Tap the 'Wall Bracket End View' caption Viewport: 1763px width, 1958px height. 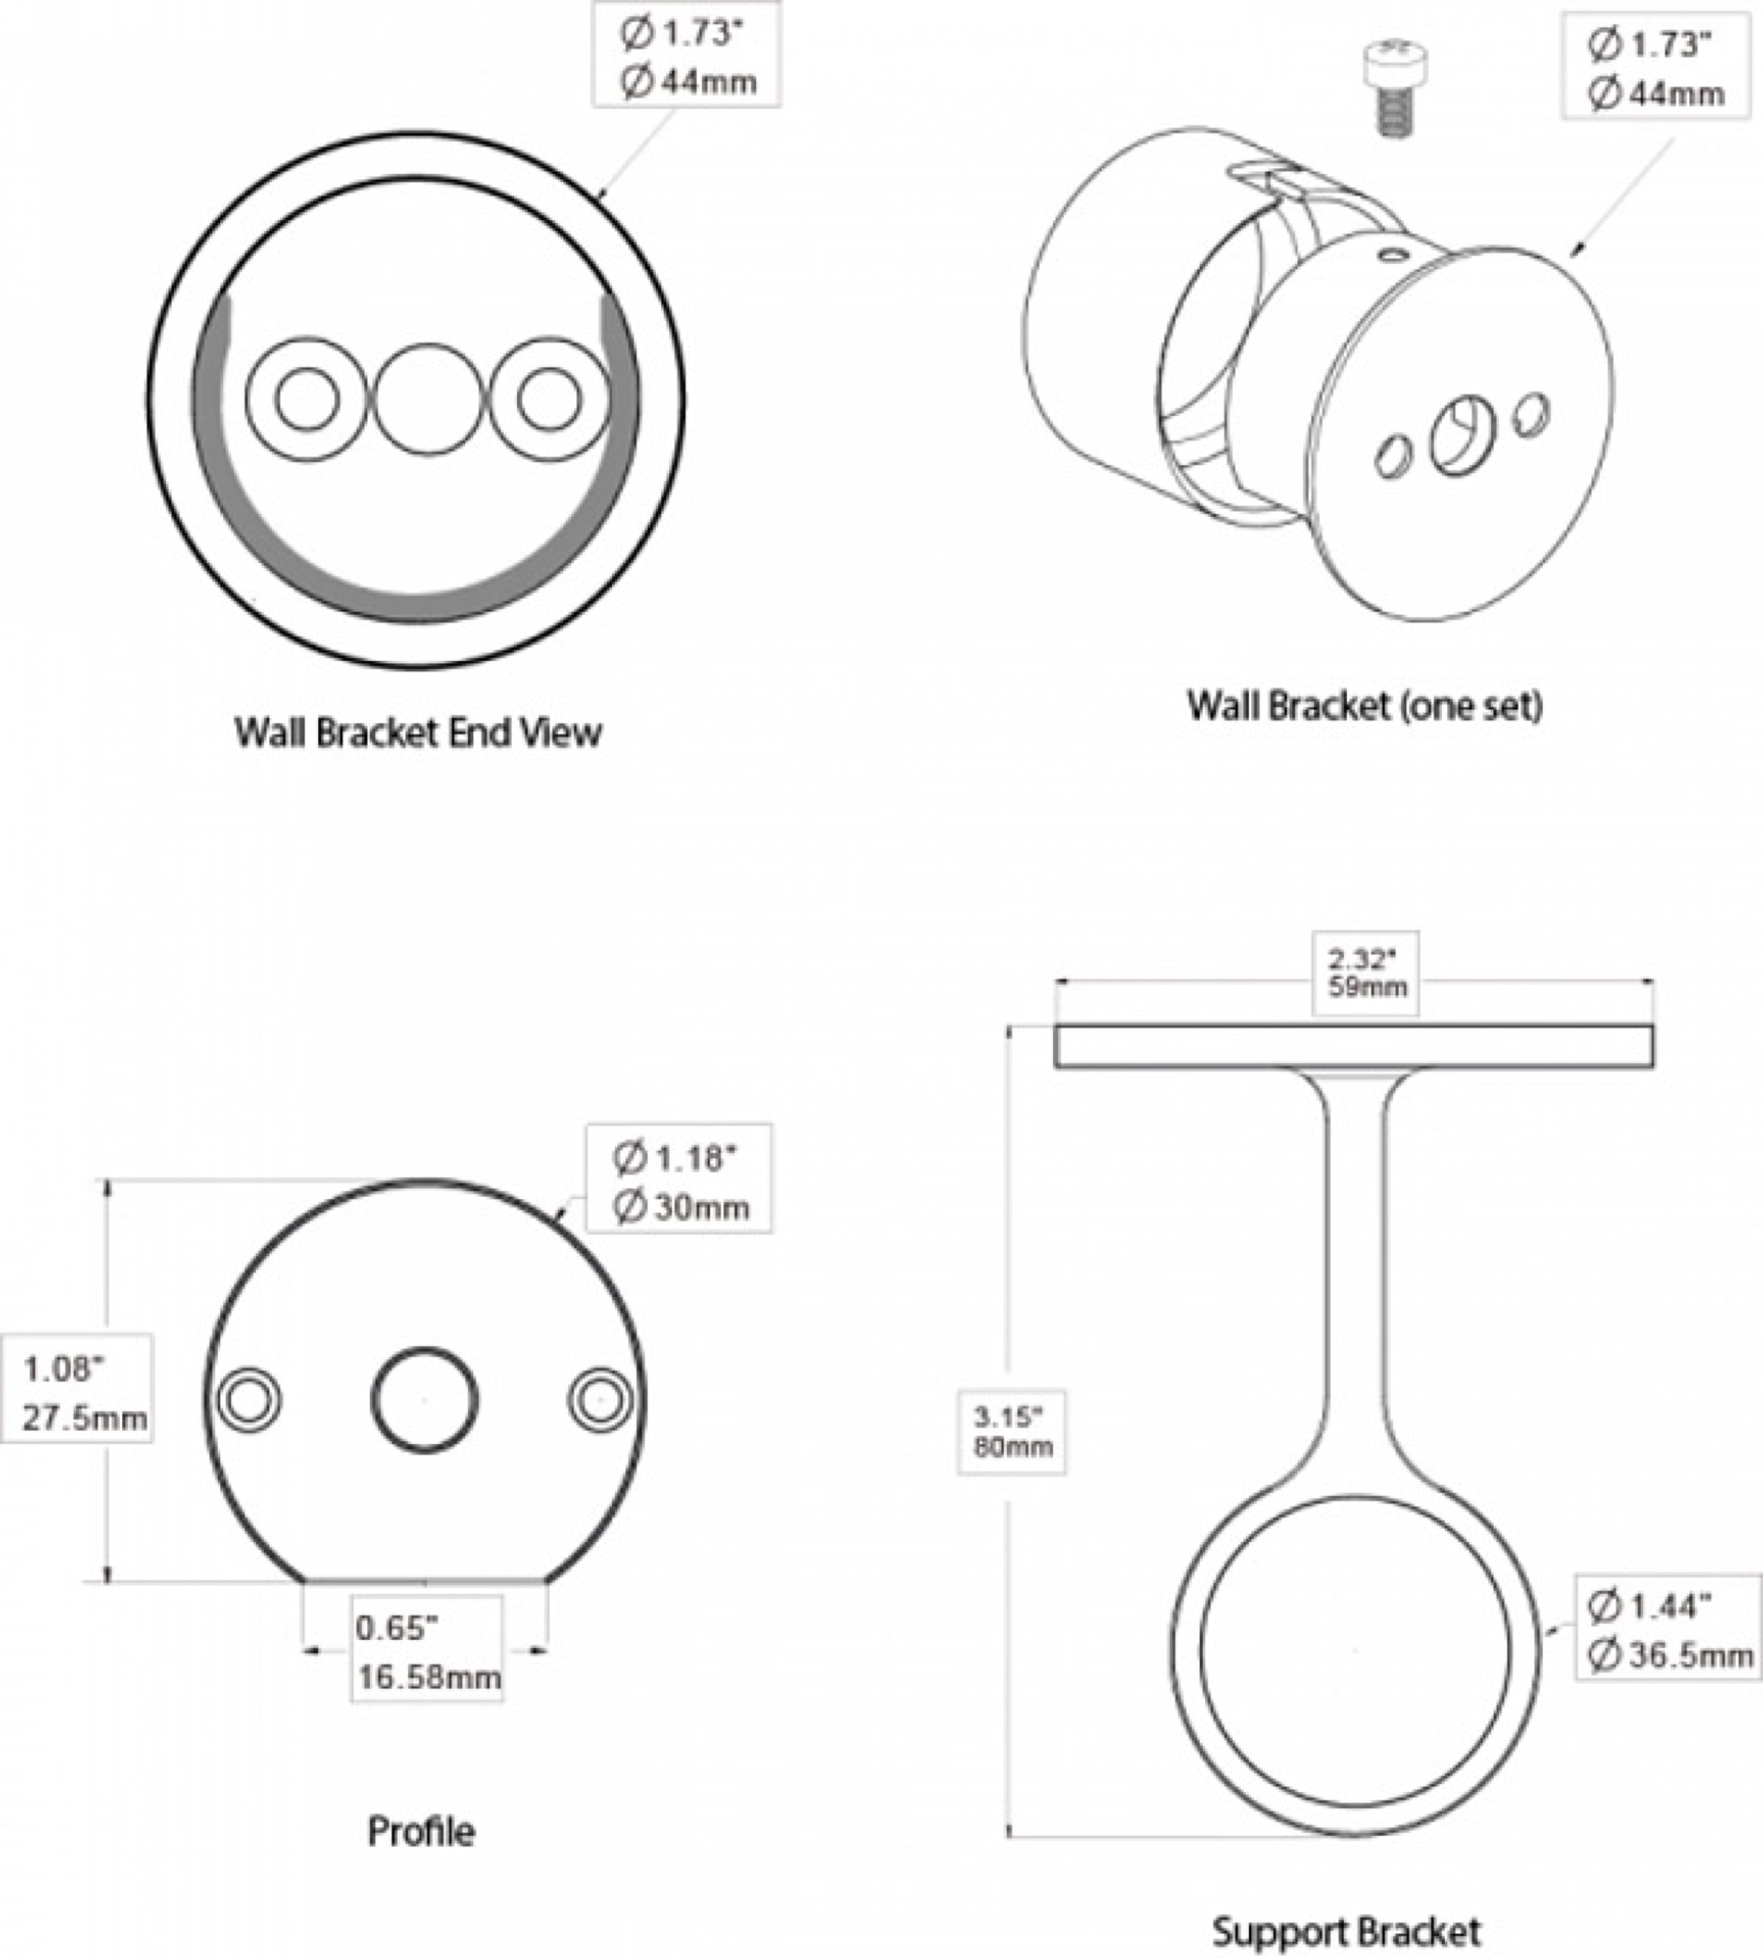418,732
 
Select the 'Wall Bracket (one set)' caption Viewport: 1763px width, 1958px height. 1364,705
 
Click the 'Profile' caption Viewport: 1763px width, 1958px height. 422,1831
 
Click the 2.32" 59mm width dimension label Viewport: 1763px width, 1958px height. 1366,974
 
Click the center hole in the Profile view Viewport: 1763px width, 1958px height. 424,1400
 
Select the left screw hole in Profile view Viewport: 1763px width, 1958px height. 249,1400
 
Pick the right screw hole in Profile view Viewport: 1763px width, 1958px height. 599,1400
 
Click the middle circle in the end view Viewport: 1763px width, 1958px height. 428,399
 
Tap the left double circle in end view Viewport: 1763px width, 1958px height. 306,399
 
